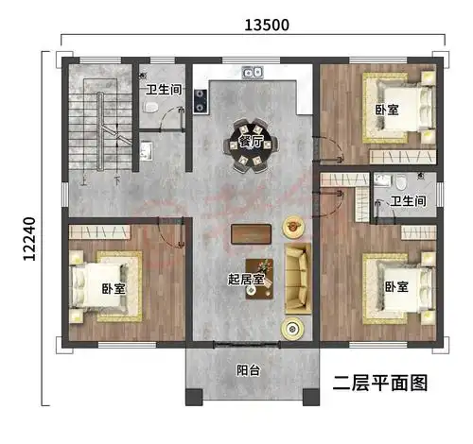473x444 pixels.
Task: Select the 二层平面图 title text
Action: click(x=381, y=383)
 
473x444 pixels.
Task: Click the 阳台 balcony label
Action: click(x=248, y=371)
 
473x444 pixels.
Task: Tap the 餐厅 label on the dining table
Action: click(x=250, y=143)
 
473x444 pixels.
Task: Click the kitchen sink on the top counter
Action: click(x=251, y=72)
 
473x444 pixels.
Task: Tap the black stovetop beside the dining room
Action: click(x=201, y=100)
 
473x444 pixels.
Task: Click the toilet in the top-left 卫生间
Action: click(x=150, y=111)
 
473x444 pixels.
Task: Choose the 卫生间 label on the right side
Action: click(x=408, y=200)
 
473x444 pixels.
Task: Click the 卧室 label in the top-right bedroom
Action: click(x=386, y=111)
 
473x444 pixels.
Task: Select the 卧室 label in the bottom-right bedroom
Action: click(x=396, y=285)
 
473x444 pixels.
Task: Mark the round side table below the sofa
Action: click(x=291, y=327)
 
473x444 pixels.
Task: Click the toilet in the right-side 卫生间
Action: click(x=400, y=182)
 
